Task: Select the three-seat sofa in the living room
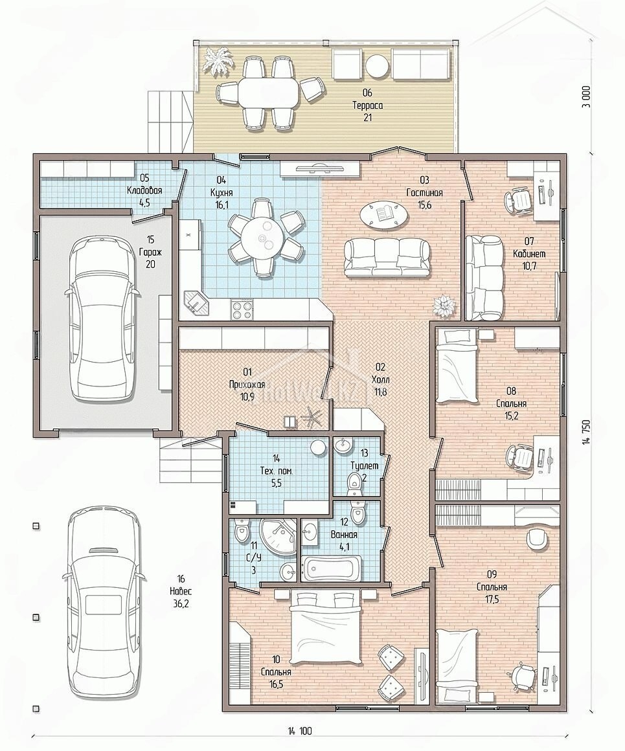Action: coord(388,258)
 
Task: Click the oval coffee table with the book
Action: coord(385,214)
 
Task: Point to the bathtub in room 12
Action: coord(332,568)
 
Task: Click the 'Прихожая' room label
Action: coord(247,384)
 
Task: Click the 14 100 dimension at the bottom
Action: coord(300,731)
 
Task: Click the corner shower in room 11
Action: coord(278,537)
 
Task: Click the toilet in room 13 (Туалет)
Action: coord(354,482)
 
